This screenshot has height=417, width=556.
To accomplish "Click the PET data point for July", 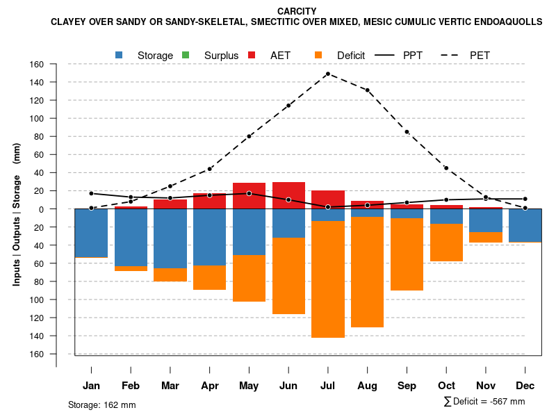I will pyautogui.click(x=327, y=74).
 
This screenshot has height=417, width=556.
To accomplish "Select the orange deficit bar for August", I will pyautogui.click(x=367, y=272).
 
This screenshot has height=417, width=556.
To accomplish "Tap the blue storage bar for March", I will pyautogui.click(x=170, y=238).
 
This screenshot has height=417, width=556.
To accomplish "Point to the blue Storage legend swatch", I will pyautogui.click(x=119, y=55).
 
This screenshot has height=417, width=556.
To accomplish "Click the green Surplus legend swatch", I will pyautogui.click(x=185, y=55).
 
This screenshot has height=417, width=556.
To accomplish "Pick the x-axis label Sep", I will pyautogui.click(x=407, y=386).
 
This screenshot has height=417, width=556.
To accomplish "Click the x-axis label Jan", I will pyautogui.click(x=91, y=386).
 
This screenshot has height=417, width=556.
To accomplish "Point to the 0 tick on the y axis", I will pyautogui.click(x=41, y=209).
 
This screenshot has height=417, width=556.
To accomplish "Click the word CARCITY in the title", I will pyautogui.click(x=296, y=11).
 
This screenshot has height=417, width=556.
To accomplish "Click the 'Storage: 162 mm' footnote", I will pyautogui.click(x=101, y=404).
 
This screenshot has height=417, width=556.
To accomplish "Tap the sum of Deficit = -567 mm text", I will pyautogui.click(x=484, y=402).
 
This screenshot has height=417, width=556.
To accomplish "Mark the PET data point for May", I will pyautogui.click(x=249, y=136).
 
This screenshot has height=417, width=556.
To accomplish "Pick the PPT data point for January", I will pyautogui.click(x=91, y=193).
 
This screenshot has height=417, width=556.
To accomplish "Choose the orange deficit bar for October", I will pyautogui.click(x=446, y=243).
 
